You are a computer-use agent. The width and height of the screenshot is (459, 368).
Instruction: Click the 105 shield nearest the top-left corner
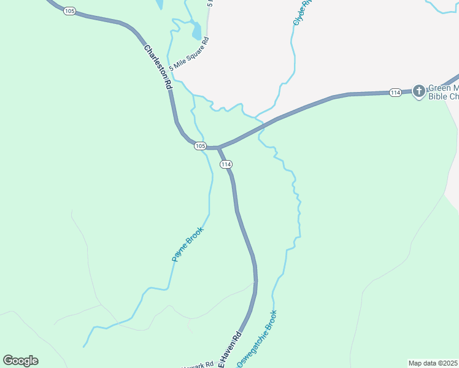69,11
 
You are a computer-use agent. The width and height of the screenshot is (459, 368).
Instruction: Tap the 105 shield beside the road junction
199,145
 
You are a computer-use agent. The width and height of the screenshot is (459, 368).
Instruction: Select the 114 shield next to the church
395,92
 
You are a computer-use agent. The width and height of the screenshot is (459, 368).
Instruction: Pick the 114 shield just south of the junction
226,164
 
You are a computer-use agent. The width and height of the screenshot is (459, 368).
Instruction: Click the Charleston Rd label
158,67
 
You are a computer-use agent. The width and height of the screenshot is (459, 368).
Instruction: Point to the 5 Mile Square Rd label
190,53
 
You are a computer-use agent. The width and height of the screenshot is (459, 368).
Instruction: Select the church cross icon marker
418,91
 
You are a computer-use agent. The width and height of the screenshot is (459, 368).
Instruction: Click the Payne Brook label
187,244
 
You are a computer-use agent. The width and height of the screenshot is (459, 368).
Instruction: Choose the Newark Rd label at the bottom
200,364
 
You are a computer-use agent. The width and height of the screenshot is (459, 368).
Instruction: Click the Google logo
20,361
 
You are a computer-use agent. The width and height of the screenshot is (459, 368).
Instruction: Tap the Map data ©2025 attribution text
433,362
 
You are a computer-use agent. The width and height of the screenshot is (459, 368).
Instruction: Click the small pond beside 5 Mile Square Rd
196,31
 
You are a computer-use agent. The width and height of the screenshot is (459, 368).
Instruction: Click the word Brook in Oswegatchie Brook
271,323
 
